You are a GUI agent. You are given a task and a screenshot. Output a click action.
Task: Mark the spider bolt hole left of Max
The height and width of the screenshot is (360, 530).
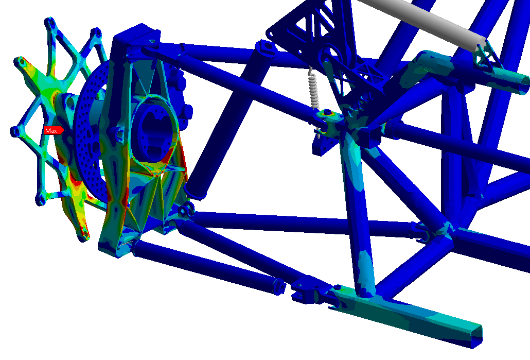[15, 131]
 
